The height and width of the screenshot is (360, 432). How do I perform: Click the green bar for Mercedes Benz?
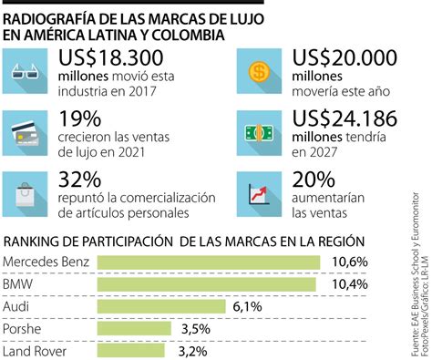point(208,263)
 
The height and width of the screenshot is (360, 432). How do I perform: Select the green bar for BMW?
point(205,285)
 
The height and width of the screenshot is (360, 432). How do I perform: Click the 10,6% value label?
point(348,263)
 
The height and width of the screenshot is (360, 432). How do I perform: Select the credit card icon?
point(28,133)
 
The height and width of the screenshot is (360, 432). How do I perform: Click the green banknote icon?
point(260,133)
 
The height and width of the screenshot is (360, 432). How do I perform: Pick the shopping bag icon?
point(28,193)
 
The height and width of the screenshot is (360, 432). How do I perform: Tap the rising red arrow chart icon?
point(260,193)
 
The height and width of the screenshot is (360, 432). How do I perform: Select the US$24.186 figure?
point(345,119)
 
